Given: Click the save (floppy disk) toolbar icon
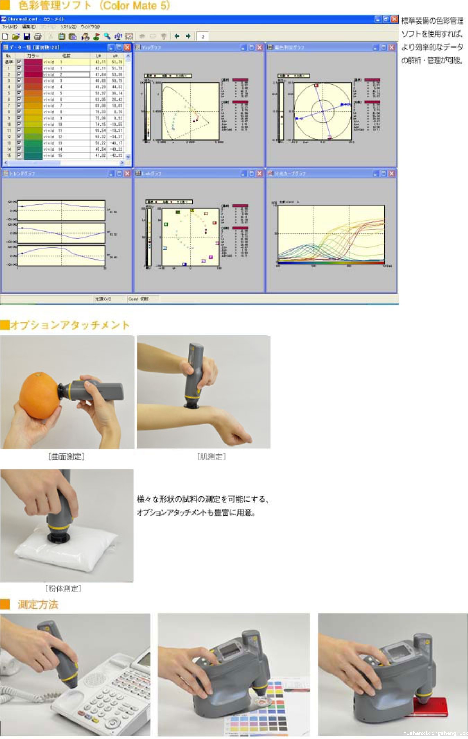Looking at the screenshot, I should click(27, 36).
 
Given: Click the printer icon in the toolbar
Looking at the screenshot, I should click(38, 36).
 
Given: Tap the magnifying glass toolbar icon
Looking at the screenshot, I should click(107, 36).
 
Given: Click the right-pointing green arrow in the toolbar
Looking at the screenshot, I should click(188, 36).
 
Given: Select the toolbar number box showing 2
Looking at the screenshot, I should click(203, 36).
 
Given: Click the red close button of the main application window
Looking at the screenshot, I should click(394, 19).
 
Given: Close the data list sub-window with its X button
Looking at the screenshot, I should click(127, 47).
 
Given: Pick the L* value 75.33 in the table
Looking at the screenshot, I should click(100, 112).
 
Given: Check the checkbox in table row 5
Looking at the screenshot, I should click(19, 93).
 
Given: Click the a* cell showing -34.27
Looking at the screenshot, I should click(117, 137).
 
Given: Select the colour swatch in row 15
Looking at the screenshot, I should click(33, 155).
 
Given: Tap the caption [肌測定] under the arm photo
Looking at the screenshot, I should click(211, 457).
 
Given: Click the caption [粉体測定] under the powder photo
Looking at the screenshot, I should click(63, 588).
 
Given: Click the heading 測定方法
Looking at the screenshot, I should click(38, 604).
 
